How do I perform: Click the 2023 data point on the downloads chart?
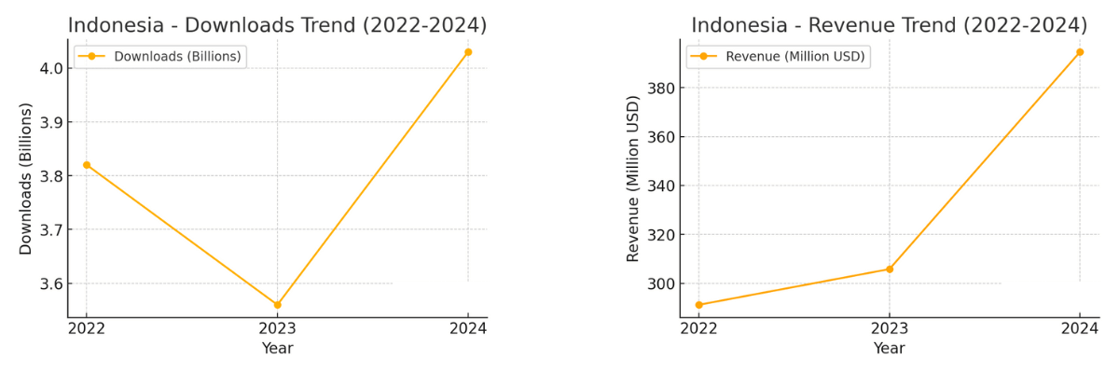pos(277,305)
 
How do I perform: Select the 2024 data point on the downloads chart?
pos(468,52)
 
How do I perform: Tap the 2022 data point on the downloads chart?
pos(87,165)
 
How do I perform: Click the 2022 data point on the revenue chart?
pos(698,305)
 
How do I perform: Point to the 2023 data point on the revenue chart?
pos(889,269)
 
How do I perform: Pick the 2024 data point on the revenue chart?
pos(1080,52)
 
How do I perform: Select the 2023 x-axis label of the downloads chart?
pos(277,329)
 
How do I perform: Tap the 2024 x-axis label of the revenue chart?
pos(1080,329)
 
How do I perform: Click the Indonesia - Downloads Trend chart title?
pos(277,25)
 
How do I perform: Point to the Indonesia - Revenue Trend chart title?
pos(889,25)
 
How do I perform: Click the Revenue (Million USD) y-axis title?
pos(634,178)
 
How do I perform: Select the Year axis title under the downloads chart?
pos(277,349)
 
